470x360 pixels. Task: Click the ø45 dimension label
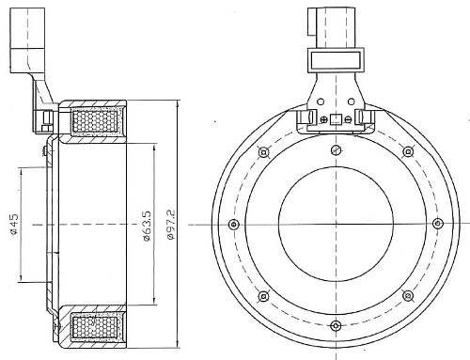coord(14,225)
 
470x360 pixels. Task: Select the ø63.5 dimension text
coord(147,226)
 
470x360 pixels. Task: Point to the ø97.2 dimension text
coord(171,225)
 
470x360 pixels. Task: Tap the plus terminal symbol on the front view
coord(323,119)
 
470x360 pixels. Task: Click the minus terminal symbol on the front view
coord(348,119)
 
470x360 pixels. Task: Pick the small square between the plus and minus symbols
coord(336,119)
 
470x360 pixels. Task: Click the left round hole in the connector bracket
coord(321,102)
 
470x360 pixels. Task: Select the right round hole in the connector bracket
coord(352,102)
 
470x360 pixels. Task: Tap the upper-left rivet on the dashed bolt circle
coord(264,152)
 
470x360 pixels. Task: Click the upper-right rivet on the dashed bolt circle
coord(408,152)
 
